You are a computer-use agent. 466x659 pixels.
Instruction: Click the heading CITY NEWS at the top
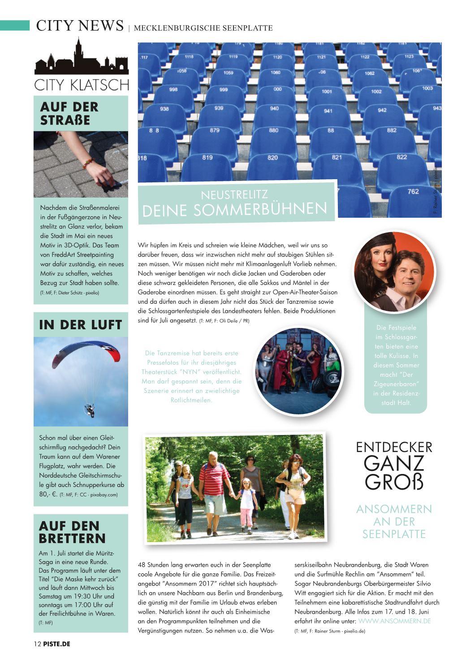pos(80,26)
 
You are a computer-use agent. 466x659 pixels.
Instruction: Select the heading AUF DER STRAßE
pos(69,113)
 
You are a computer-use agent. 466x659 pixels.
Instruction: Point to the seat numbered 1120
pos(277,57)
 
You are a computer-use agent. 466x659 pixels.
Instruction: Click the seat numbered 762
pos(413,192)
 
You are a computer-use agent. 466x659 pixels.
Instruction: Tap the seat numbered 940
pos(274,108)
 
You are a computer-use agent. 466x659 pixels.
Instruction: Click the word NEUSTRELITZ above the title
pos(234,195)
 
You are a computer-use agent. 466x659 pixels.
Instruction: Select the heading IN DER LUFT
pos(81,325)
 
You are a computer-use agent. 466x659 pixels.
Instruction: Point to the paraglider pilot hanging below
pos(90,409)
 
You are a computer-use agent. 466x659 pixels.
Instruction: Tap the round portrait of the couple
pos(394,271)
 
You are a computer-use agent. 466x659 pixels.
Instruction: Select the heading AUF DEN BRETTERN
pos(72,532)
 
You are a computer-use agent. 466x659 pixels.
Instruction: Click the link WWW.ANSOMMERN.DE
pos(394,621)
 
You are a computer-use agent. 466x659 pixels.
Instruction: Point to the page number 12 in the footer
pos(37,644)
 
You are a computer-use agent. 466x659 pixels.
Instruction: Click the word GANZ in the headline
pos(394,464)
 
